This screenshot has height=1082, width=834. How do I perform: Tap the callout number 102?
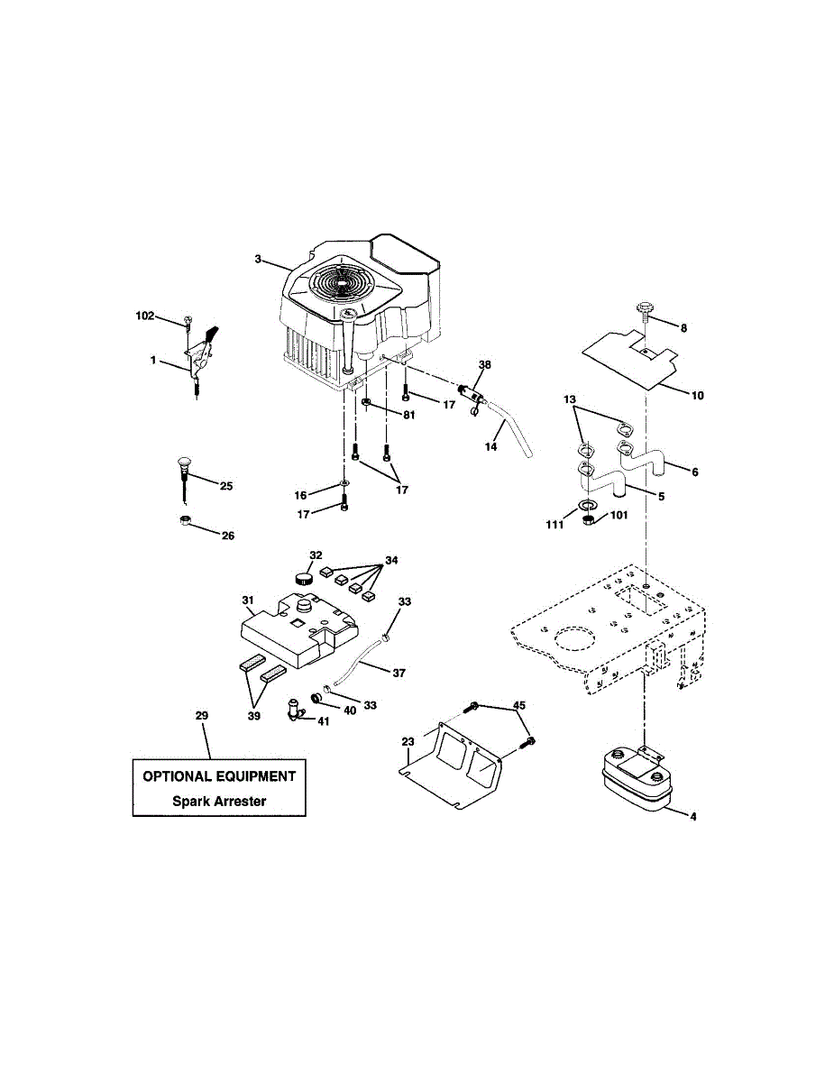pyautogui.click(x=144, y=316)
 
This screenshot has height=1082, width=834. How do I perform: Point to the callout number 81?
pyautogui.click(x=408, y=415)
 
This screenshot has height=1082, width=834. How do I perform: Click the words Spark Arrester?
pyautogui.click(x=219, y=801)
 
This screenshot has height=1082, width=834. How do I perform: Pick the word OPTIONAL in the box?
pyautogui.click(x=178, y=775)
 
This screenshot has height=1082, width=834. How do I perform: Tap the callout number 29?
pyautogui.click(x=201, y=715)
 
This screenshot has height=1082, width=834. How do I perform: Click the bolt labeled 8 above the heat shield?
pyautogui.click(x=646, y=311)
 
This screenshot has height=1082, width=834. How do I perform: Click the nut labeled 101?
pyautogui.click(x=587, y=520)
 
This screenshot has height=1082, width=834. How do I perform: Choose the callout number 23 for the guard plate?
pyautogui.click(x=408, y=741)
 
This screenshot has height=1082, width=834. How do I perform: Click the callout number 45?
pyautogui.click(x=519, y=705)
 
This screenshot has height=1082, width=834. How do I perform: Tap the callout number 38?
pyautogui.click(x=485, y=365)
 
